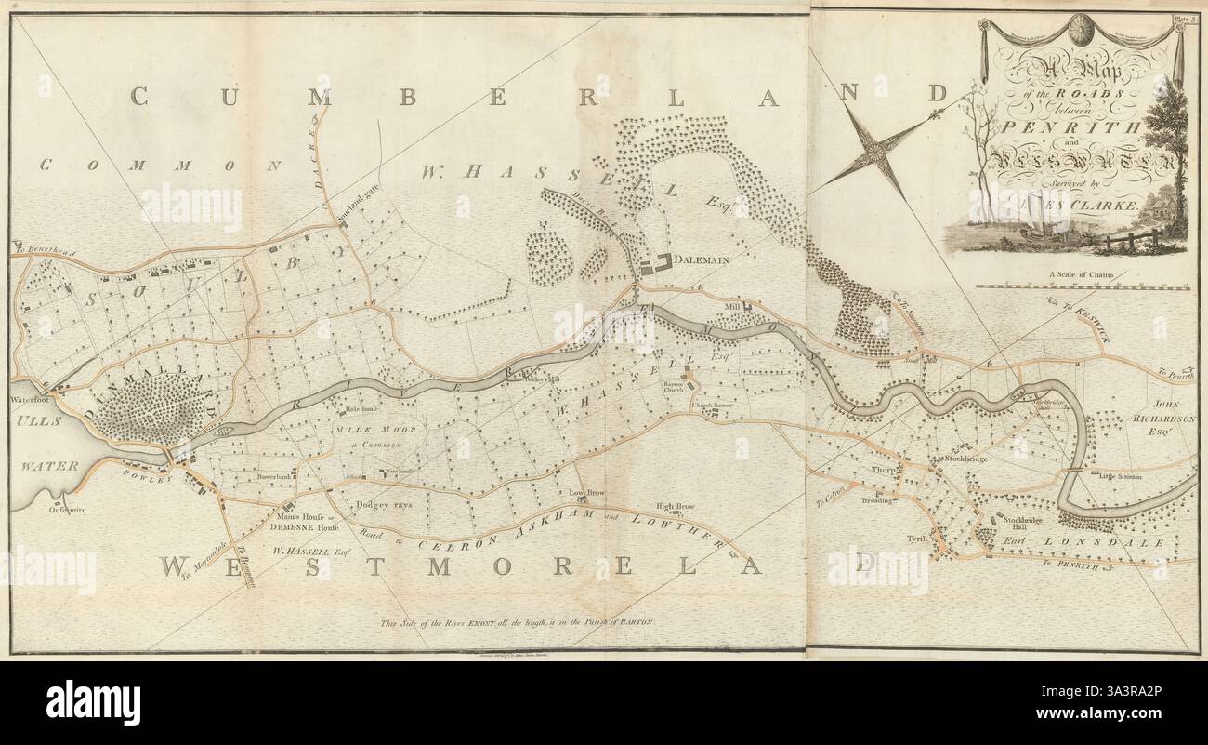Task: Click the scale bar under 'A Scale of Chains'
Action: click(1083, 287)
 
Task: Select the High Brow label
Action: click(676, 507)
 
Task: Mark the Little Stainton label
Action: click(1121, 477)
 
